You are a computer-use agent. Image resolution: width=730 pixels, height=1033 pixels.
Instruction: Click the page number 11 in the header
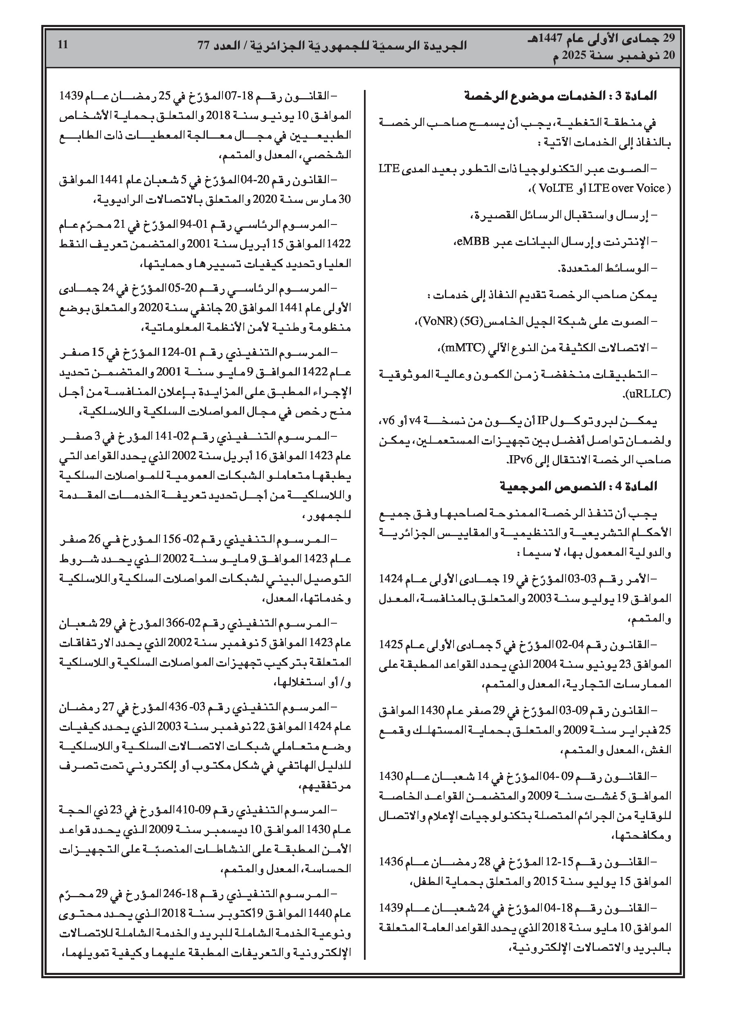pyautogui.click(x=63, y=45)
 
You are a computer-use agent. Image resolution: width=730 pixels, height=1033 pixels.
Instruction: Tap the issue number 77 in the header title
pyautogui.click(x=204, y=46)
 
